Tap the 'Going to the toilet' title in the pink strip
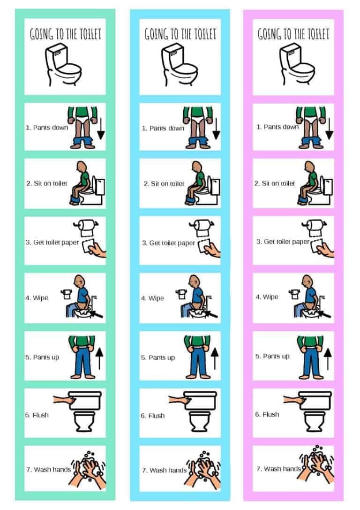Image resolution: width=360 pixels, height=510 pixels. point(293,34)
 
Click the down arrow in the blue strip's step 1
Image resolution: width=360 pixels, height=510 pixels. point(216,129)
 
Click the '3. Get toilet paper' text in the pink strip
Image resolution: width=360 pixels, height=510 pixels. point(283,242)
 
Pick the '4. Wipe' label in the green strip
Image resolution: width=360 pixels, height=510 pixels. point(37,298)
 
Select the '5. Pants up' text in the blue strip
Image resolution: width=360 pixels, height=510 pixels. point(158,358)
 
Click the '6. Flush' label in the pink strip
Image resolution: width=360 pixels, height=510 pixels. point(267,414)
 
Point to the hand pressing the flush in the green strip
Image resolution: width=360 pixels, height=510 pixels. point(62,399)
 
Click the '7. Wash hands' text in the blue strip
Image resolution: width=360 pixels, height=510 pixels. point(164,470)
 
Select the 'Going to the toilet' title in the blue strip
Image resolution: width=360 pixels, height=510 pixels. point(180,34)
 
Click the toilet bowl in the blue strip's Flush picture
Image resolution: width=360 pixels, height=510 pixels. point(200,422)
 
